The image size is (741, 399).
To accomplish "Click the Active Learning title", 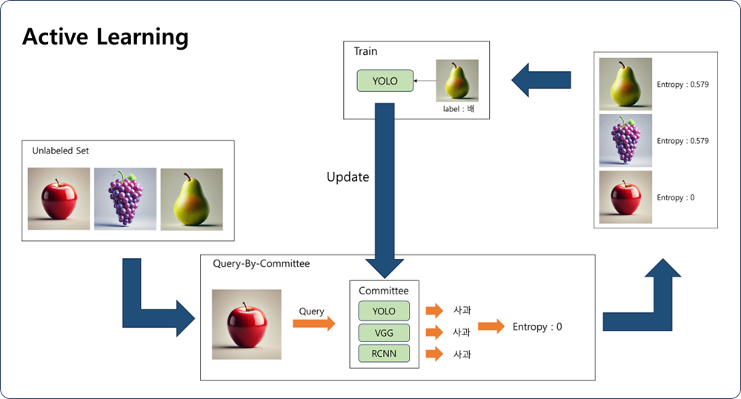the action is [105, 37].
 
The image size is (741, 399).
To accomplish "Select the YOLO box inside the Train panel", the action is [385, 81].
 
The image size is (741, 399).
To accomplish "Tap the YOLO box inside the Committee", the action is [384, 311].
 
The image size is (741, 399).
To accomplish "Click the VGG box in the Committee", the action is [384, 333].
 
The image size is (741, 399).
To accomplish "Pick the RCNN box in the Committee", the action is [384, 354].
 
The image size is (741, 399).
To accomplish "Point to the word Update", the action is [348, 177].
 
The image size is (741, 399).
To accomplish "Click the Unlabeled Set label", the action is [61, 151].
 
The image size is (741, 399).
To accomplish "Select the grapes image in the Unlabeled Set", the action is [125, 199].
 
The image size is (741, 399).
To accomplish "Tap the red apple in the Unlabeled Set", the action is [59, 199].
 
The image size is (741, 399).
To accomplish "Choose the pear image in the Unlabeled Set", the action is [191, 199].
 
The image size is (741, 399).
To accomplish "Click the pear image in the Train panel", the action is [457, 80].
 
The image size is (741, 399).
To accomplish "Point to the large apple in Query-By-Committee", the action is [247, 324].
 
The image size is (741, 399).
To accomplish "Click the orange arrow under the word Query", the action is [313, 324].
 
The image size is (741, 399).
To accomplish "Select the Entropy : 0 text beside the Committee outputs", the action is [537, 327].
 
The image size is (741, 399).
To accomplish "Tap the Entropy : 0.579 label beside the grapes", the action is [683, 141].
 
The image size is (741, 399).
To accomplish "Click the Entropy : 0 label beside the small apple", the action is [676, 197].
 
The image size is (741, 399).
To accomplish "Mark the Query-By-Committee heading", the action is [262, 264].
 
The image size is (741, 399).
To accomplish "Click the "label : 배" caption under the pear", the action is [459, 109].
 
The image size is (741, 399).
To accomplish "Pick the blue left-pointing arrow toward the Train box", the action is [541, 80].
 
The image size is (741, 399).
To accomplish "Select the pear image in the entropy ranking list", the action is [625, 84].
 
